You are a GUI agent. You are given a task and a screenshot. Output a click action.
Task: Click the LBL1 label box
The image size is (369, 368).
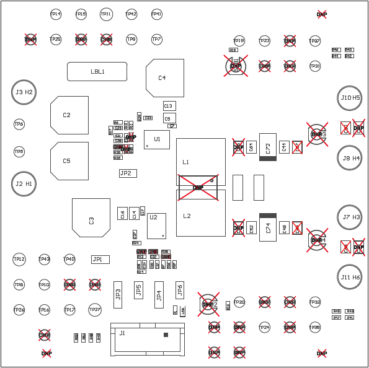97,71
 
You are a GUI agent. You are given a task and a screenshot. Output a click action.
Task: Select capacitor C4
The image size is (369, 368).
165,78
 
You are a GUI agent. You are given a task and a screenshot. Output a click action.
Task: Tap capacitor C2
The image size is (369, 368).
69,115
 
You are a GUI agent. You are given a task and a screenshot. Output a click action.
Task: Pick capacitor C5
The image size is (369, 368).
69,161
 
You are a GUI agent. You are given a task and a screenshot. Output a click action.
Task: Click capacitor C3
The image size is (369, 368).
91,217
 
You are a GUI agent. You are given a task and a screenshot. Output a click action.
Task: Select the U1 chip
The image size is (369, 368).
157,139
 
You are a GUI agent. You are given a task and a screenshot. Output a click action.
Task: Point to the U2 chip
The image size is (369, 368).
156,226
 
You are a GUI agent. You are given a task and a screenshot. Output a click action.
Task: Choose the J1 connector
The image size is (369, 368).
148,339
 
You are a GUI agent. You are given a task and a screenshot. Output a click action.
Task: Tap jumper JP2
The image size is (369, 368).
128,173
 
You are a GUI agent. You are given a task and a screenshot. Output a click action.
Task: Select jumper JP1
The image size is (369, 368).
100,260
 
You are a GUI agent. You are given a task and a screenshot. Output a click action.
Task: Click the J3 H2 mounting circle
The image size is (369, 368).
24,92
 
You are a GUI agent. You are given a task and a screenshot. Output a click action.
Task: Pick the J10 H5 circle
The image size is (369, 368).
350,98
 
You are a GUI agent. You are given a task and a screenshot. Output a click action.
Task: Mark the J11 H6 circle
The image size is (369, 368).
350,278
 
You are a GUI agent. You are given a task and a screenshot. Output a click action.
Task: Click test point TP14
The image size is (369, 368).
56,14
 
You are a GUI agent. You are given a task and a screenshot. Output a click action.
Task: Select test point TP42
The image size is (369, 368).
131,14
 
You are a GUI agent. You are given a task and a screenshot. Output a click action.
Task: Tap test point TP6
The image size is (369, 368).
19,125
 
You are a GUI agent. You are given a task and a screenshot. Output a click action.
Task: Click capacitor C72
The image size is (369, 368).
268,147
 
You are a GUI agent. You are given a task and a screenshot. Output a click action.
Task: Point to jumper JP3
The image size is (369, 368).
118,294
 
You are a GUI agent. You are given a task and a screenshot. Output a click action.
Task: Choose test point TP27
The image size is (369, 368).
94,310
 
